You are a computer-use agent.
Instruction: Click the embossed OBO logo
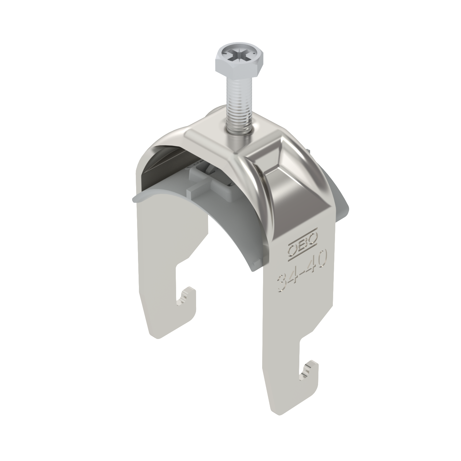click(x=302, y=244)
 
